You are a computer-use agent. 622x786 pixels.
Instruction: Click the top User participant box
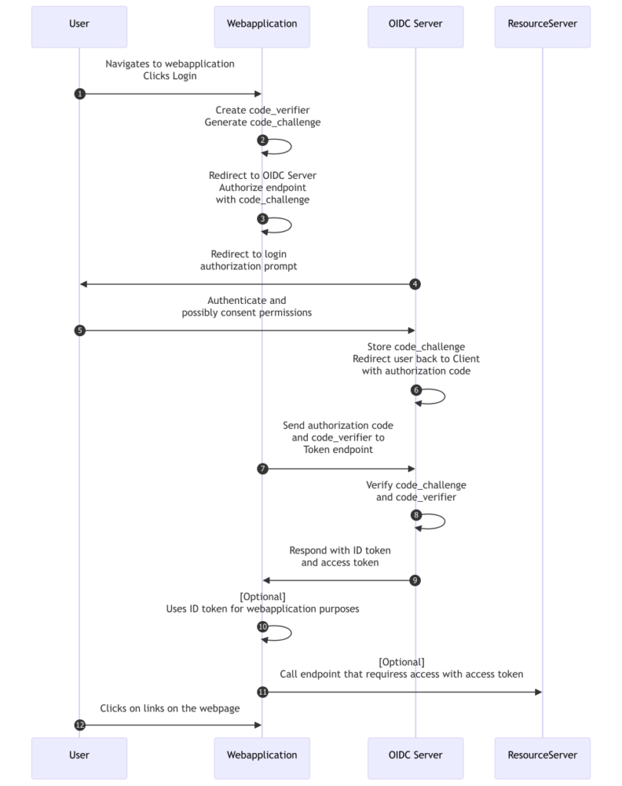point(79,27)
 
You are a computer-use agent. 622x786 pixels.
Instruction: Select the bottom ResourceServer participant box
point(542,758)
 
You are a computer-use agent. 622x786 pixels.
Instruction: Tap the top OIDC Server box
point(415,27)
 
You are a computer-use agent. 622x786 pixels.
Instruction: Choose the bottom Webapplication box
point(262,758)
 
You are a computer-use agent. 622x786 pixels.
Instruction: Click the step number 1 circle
point(80,94)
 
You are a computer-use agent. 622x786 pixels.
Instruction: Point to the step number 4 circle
point(415,284)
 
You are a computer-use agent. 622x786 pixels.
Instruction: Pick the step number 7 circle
point(263,469)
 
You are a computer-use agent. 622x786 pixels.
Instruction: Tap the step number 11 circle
point(263,692)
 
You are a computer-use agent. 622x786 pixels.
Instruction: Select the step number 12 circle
point(80,725)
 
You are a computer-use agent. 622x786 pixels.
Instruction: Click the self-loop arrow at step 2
point(291,147)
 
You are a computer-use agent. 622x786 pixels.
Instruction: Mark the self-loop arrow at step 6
point(445,397)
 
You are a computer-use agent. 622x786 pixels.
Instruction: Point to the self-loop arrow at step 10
point(291,633)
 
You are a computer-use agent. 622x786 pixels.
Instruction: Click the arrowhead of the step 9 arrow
point(266,580)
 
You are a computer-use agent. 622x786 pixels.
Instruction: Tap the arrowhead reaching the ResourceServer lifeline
point(539,692)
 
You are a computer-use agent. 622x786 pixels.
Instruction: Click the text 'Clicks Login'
point(170,76)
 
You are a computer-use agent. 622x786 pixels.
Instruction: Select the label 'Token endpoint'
point(338,450)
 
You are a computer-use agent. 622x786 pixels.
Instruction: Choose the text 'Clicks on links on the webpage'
point(170,708)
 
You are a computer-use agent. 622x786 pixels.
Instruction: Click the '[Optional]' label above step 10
point(263,596)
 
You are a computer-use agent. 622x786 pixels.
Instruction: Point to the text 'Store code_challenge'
point(416,347)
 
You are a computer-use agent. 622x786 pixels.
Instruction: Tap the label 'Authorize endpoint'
point(263,187)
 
